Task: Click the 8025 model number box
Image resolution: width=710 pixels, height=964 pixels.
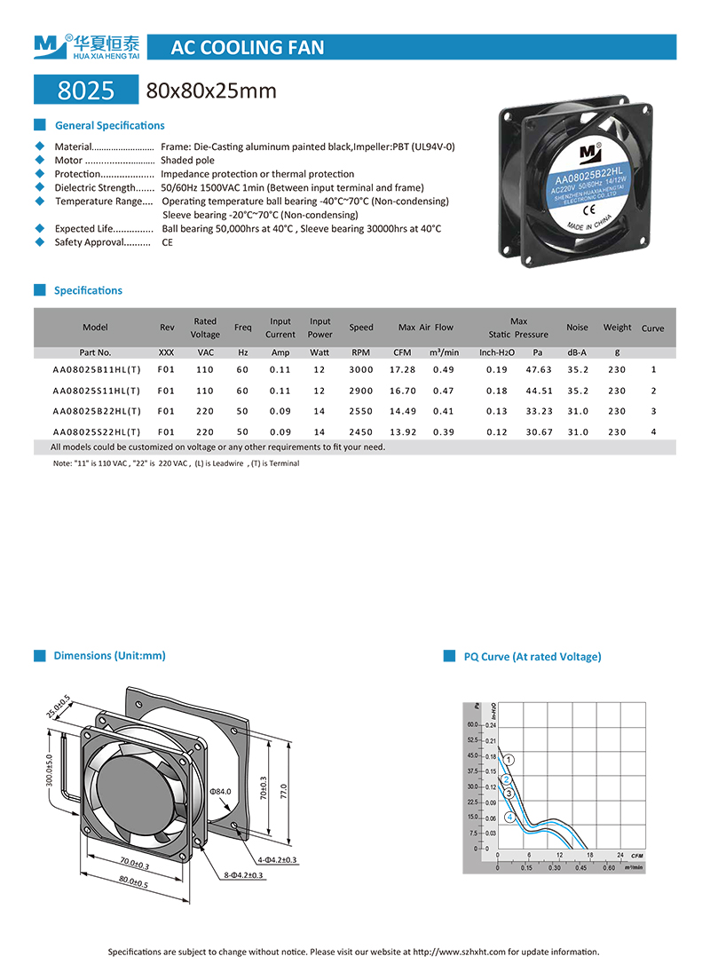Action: [85, 91]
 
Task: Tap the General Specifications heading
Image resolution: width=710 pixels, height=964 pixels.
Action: [109, 126]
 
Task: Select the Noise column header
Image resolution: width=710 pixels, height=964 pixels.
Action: [577, 328]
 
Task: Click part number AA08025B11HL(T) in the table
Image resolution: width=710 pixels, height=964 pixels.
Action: [96, 369]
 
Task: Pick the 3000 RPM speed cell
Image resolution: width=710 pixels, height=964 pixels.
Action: [361, 369]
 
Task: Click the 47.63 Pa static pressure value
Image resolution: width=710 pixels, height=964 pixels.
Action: [538, 369]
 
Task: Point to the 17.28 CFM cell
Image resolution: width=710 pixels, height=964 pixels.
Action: [403, 369]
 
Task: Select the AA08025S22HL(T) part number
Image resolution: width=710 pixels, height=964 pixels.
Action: [96, 432]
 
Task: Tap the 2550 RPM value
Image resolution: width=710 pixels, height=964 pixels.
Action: [361, 411]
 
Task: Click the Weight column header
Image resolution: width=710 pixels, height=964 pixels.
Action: [617, 328]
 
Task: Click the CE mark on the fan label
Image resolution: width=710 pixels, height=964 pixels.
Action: [587, 210]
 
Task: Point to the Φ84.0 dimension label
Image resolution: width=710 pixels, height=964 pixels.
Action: [219, 790]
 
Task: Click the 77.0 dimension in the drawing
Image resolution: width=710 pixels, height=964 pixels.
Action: [283, 788]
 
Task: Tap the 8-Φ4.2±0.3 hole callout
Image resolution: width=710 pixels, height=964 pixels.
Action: [243, 875]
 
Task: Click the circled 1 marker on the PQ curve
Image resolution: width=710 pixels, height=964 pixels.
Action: [509, 759]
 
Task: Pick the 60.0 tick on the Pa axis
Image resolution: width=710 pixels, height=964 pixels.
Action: [472, 725]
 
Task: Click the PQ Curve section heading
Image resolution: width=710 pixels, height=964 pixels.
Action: [532, 657]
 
